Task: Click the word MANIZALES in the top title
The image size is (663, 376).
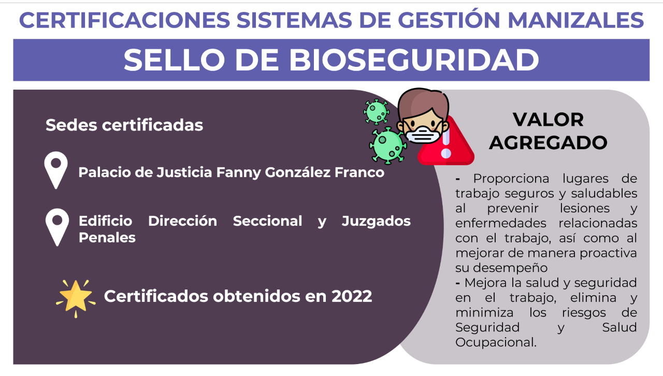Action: pos(575,20)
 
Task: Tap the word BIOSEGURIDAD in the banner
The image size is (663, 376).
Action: pos(414,60)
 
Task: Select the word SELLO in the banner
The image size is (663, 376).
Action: pos(175,60)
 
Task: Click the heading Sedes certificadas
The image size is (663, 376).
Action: pos(124,125)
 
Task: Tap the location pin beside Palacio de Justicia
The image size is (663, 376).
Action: pos(56,170)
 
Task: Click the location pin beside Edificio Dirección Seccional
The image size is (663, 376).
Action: pos(57,227)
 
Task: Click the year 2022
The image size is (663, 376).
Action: pos(352,296)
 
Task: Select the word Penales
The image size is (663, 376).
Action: pos(107,238)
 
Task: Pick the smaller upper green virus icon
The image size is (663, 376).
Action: pos(376,112)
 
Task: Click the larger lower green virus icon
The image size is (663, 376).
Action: pos(388,146)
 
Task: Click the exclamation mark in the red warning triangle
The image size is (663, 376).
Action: pos(446,144)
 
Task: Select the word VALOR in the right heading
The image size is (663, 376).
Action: pos(548,120)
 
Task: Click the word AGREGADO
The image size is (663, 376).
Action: pos(548,143)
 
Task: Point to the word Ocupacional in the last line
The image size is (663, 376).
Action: pos(496,342)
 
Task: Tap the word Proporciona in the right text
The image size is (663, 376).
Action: pos(511,179)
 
